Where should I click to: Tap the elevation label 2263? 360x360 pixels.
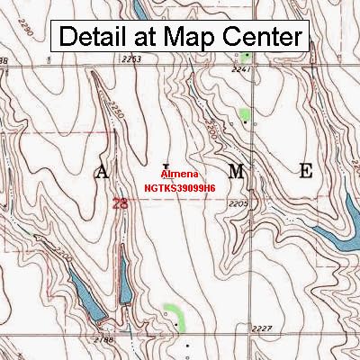point(132,59)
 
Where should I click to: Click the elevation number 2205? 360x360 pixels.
point(238,205)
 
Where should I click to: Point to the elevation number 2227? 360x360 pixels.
point(261,328)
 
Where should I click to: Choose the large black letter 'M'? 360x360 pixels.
point(235,171)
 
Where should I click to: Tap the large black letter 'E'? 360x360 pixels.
point(306,171)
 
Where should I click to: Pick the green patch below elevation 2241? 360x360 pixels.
point(244,115)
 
